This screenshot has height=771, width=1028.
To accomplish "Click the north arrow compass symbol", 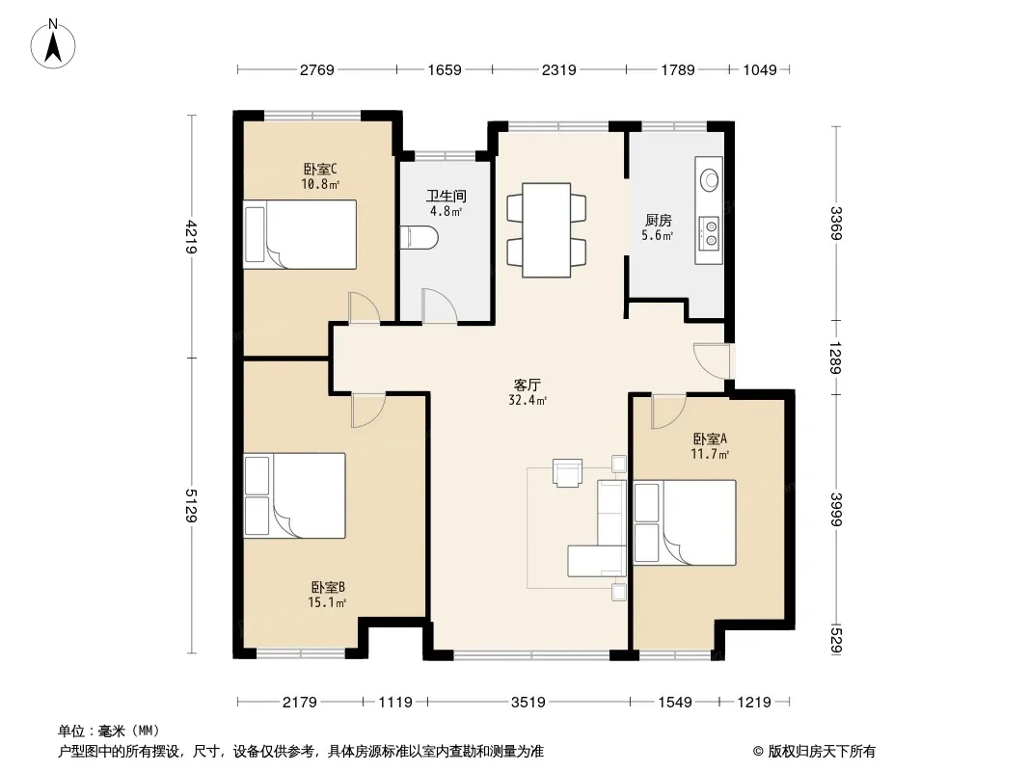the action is [x=53, y=43].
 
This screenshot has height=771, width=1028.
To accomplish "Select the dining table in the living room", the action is [x=546, y=230].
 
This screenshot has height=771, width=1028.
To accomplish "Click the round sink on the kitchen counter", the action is [x=710, y=179].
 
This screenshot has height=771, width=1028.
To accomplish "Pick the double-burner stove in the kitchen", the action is [x=710, y=234].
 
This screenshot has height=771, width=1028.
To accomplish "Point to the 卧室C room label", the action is [x=320, y=170].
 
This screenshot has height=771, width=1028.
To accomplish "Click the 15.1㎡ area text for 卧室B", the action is [x=327, y=602].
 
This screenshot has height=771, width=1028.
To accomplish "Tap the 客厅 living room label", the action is [x=528, y=385].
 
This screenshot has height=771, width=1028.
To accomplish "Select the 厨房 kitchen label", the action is [x=658, y=220].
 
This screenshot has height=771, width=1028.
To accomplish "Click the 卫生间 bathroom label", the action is [x=446, y=196].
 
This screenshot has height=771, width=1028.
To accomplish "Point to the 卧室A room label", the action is [x=710, y=439].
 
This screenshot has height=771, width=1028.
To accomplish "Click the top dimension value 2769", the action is [x=317, y=69].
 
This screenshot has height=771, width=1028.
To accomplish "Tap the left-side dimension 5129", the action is [x=190, y=506].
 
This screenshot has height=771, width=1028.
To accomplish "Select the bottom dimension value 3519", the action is [x=528, y=703].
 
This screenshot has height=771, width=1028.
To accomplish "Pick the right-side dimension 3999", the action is [x=835, y=509].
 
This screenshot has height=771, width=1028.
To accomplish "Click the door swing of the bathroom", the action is [x=439, y=306].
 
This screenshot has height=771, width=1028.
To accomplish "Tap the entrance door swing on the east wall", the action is [x=712, y=360].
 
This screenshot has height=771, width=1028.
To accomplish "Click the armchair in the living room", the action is [x=567, y=472].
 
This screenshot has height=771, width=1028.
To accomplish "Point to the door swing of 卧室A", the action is [x=668, y=412].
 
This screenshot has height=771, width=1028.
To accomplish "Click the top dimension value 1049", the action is [x=760, y=69].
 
